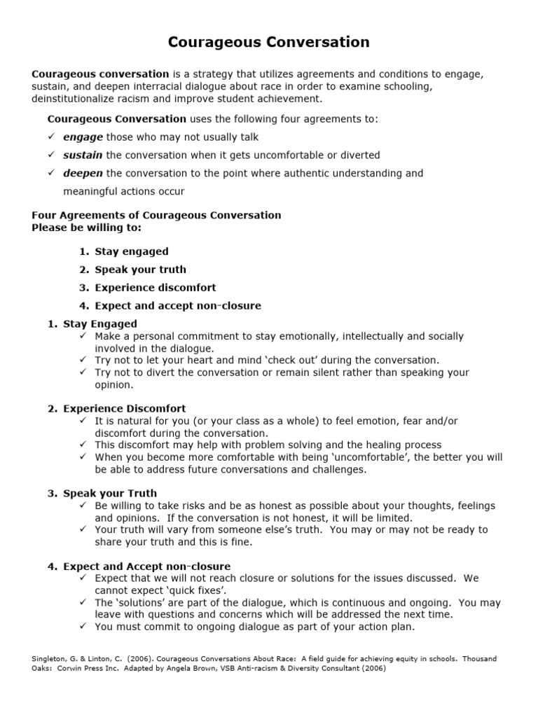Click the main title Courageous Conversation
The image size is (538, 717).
pos(268,43)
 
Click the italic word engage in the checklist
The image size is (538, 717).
pos(83,137)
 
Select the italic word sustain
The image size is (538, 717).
pos(83,155)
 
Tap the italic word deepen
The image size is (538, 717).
pos(83,173)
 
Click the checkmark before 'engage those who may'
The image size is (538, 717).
pos(51,137)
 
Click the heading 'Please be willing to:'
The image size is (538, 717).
pos(87,228)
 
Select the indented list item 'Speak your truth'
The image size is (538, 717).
pos(140,270)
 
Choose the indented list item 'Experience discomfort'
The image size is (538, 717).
pos(156,288)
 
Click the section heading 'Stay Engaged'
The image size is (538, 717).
pos(100,324)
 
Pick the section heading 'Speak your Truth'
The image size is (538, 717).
pos(110,493)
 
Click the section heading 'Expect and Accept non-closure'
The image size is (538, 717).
pos(146,566)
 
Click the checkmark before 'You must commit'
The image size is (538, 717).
pos(83,627)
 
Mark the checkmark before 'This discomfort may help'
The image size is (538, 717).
pos(83,445)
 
